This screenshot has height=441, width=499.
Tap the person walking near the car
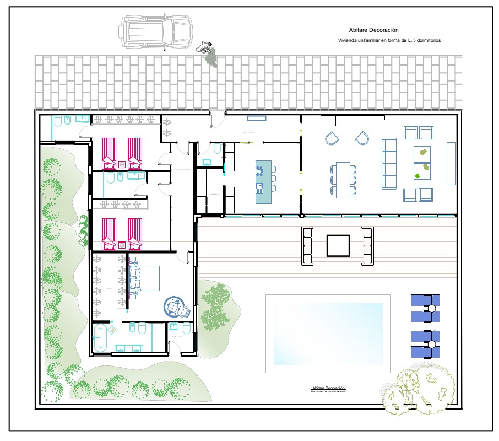(x=209, y=53)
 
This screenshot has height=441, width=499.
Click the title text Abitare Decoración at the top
(x=373, y=30)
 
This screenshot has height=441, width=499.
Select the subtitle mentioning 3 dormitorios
(x=389, y=40)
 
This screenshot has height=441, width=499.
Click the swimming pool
(x=328, y=334)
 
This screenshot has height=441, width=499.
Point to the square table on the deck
(x=338, y=245)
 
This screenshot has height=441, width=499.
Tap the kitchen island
(x=263, y=182)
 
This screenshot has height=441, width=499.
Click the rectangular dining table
(x=343, y=180)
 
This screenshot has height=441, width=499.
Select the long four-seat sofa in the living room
(x=389, y=163)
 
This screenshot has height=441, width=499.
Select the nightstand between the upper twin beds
(x=122, y=163)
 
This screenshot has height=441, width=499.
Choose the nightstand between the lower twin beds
(x=122, y=243)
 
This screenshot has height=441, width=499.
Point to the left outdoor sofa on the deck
(x=307, y=246)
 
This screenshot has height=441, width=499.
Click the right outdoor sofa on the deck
(x=368, y=246)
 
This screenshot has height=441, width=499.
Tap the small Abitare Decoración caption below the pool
(x=328, y=389)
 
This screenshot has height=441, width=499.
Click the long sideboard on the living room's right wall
(x=451, y=163)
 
